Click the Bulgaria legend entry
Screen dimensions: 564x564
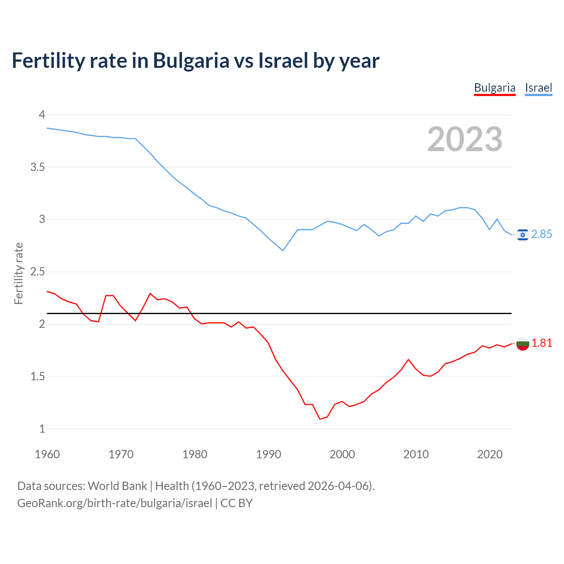[494, 88]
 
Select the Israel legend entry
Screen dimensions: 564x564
[538, 88]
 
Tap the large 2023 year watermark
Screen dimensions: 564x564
[465, 139]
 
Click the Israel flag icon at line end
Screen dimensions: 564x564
[523, 234]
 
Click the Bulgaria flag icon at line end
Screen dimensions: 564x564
[523, 343]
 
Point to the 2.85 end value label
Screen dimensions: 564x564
[542, 234]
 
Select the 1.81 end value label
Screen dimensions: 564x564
[542, 343]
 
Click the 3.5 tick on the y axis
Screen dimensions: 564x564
[37, 167]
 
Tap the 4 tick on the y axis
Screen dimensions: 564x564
[42, 115]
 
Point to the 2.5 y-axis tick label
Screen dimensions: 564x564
[37, 272]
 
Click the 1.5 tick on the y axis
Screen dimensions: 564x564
[37, 376]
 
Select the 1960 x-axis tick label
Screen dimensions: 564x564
[47, 454]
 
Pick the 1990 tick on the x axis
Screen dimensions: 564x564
[268, 454]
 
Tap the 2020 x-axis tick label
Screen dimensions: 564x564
[490, 454]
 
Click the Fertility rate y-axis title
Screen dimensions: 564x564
[19, 273]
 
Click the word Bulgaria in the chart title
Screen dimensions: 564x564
[191, 60]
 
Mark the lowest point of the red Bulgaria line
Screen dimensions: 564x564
[320, 419]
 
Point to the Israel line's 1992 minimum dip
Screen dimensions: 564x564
[283, 250]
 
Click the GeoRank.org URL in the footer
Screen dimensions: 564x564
[115, 503]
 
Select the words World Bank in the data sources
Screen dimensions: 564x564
[117, 486]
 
